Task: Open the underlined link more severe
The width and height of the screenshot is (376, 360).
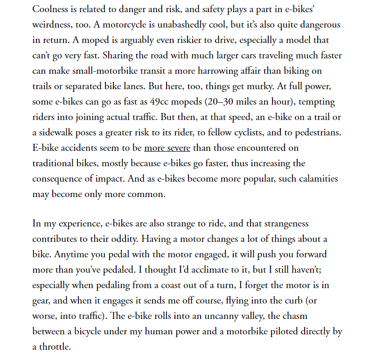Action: [x=167, y=148]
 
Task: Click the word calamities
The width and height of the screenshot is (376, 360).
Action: [x=315, y=179]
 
